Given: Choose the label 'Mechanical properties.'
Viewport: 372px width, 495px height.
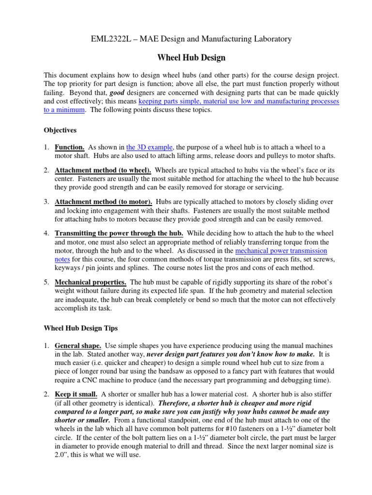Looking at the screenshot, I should (91, 281).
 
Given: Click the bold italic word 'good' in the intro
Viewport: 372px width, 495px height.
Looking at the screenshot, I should (116, 92).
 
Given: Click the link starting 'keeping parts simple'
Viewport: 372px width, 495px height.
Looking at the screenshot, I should (239, 102).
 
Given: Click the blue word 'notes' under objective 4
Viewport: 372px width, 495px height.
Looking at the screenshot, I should (63, 260).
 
